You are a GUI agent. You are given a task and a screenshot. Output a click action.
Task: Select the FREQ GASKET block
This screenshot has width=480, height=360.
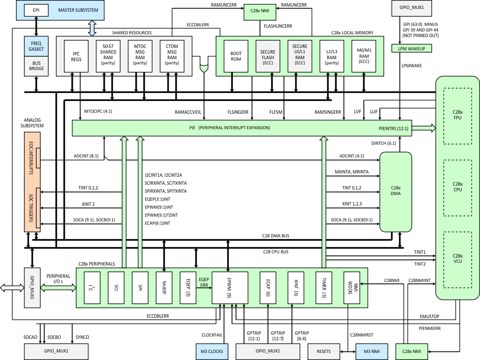pos(37,47)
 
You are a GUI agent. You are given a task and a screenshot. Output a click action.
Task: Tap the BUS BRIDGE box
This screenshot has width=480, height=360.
pos(37,65)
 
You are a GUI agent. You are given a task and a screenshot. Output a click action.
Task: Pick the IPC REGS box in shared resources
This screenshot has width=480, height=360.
pos(76,55)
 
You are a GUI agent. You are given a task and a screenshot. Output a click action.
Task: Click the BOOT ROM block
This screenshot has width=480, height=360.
pos(236,55)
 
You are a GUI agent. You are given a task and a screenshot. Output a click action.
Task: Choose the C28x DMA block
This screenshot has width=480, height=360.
pos(395,192)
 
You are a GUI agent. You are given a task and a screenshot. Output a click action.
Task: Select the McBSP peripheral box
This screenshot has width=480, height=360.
pos(164,288)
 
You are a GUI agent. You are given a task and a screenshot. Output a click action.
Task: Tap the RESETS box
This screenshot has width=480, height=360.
pos(323,351)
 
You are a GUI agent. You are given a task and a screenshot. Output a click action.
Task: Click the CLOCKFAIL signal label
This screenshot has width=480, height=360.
pos(211,335)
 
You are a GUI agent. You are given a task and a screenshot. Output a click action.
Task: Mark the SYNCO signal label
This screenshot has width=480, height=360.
pos(82,337)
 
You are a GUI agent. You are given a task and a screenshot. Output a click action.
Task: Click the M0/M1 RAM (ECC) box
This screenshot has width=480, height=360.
pos(363,55)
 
